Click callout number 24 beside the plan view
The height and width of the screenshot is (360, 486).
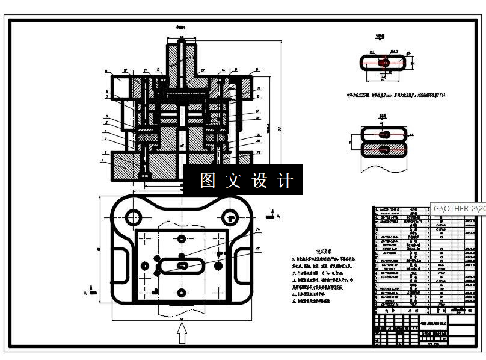(258, 230)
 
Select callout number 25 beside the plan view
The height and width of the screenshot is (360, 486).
(258, 249)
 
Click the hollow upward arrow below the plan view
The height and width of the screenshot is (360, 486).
(181, 332)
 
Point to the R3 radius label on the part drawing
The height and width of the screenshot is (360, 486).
(372, 54)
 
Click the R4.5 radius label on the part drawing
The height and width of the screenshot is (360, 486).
(393, 52)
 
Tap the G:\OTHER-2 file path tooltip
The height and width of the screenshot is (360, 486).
(457, 208)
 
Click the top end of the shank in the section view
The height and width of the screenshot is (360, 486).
(181, 38)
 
